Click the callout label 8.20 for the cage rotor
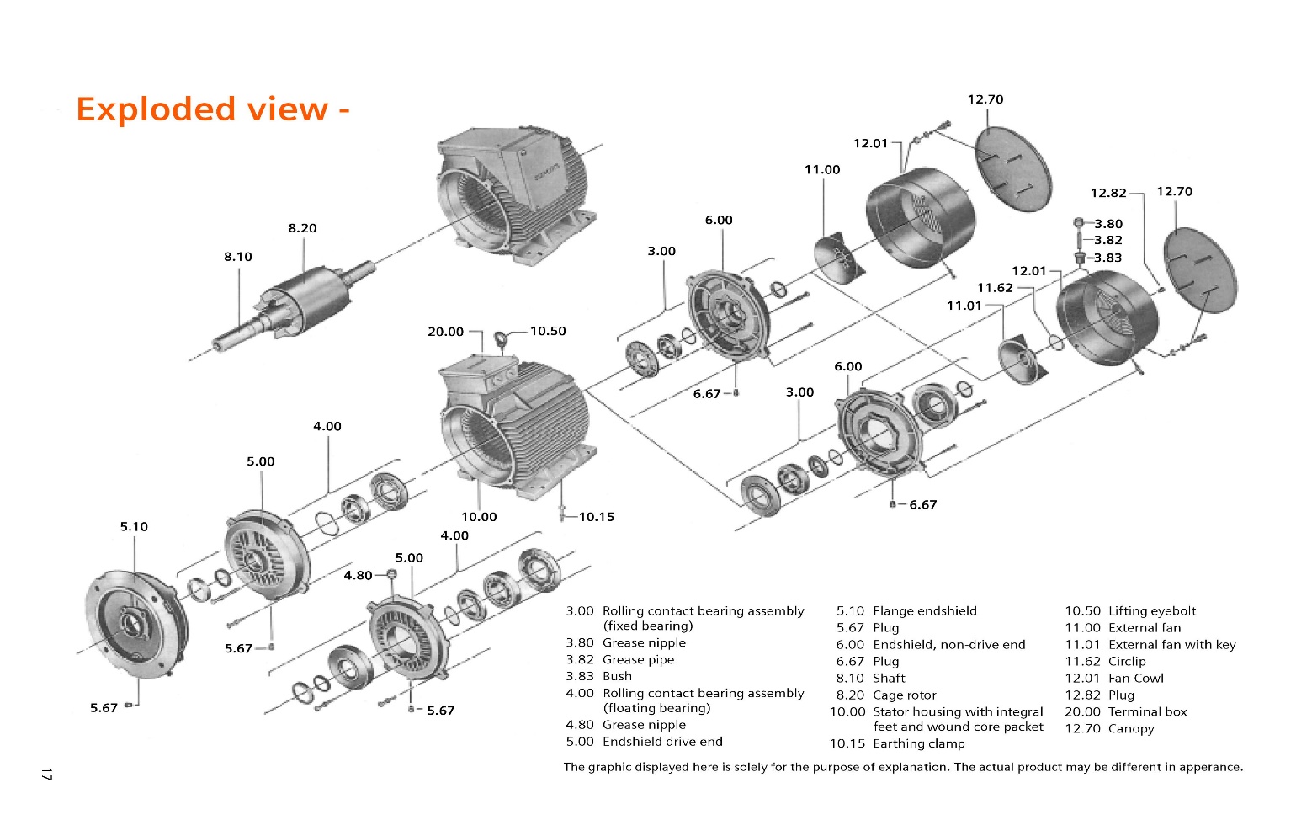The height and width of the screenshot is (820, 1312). point(302,228)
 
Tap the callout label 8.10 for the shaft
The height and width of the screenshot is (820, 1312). point(237,257)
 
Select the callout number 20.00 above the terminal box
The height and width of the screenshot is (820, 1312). point(445,332)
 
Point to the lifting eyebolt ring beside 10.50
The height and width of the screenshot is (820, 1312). point(502,339)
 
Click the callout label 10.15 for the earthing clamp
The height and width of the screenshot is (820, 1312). point(596,517)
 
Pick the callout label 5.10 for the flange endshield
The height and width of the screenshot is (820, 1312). point(134,527)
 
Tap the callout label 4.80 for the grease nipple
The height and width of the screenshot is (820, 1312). point(358,576)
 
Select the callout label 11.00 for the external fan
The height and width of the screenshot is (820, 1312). point(821,170)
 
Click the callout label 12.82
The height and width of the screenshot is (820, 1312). point(1107,193)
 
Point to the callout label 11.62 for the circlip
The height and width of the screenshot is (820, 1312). point(995,288)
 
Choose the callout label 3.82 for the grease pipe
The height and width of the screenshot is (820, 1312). point(1107,240)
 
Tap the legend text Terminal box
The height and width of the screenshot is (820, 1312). point(1147,712)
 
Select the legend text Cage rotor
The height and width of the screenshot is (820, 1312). point(904,695)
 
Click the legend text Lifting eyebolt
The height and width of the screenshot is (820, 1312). point(1151,611)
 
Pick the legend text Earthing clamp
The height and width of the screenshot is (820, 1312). point(918,744)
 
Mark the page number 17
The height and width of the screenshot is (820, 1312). point(47,774)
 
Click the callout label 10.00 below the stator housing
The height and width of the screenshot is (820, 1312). point(478,517)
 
